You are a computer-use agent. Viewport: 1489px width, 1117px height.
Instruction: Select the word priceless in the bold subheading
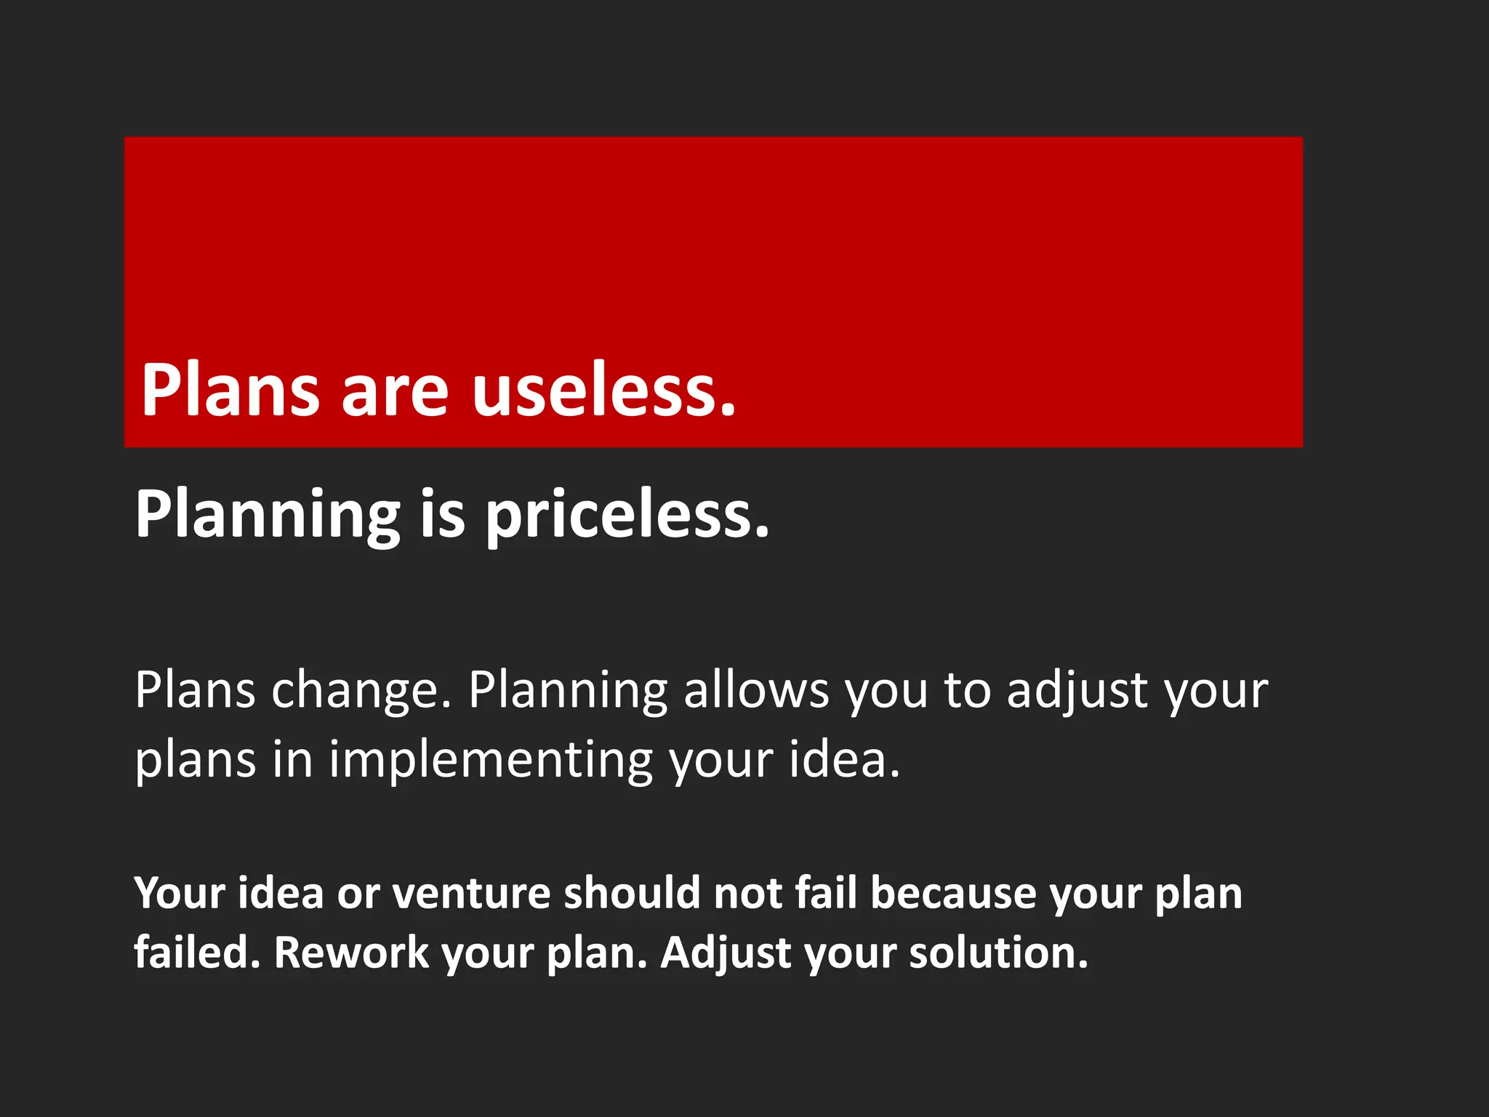(627, 514)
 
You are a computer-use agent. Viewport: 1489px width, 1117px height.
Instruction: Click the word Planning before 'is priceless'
(268, 514)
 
